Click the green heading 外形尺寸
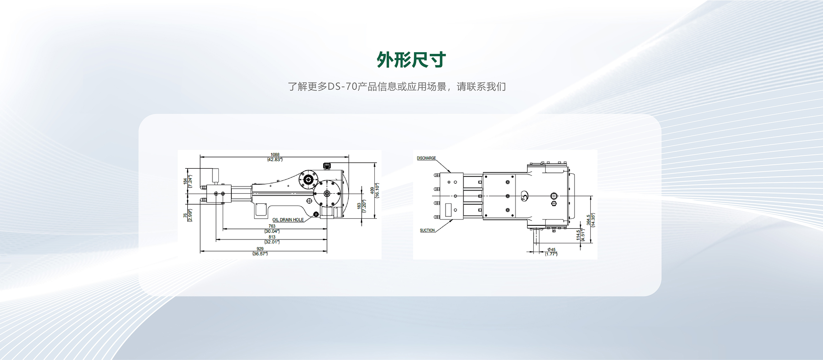[411, 60]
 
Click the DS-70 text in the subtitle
[342, 86]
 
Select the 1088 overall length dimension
[275, 157]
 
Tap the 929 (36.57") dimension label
[260, 251]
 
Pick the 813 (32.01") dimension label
[272, 239]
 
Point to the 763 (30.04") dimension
[272, 228]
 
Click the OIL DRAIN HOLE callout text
[288, 220]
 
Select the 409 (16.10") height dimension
[374, 190]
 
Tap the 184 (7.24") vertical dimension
[188, 181]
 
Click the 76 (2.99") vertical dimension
[188, 215]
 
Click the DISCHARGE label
[426, 158]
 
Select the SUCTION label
[427, 230]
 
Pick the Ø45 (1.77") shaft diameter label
[551, 252]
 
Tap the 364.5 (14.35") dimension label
[590, 220]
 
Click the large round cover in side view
[327, 193]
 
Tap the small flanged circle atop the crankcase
[308, 180]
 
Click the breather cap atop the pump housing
[327, 166]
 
